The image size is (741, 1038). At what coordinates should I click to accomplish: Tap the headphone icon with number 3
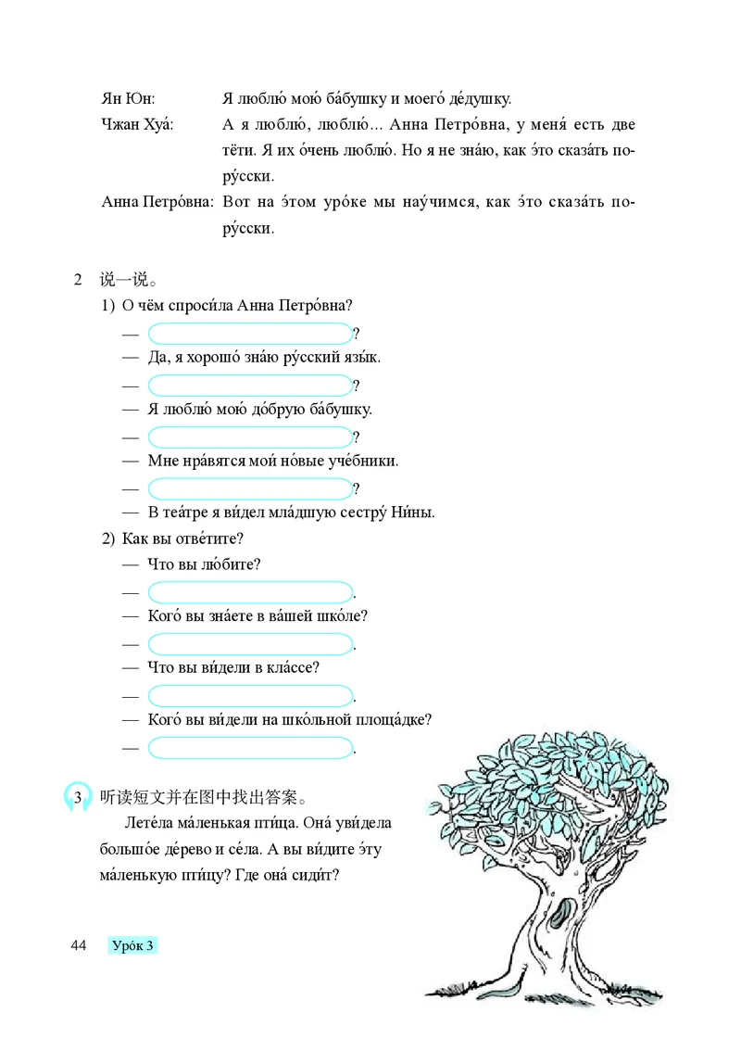click(x=77, y=797)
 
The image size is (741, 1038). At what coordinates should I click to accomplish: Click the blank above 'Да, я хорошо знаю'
click(x=249, y=334)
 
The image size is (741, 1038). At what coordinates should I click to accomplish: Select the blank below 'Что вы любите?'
click(x=250, y=591)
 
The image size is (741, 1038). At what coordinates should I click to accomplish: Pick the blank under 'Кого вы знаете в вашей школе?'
click(x=250, y=643)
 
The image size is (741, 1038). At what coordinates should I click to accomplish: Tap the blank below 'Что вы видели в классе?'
click(x=250, y=694)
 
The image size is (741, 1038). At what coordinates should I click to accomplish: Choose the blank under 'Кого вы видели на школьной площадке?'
click(x=250, y=746)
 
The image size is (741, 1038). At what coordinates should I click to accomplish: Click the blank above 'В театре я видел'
click(x=249, y=487)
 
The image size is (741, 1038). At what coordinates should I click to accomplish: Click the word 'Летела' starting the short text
click(x=146, y=823)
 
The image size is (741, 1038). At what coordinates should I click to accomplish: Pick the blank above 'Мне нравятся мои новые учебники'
click(x=249, y=437)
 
